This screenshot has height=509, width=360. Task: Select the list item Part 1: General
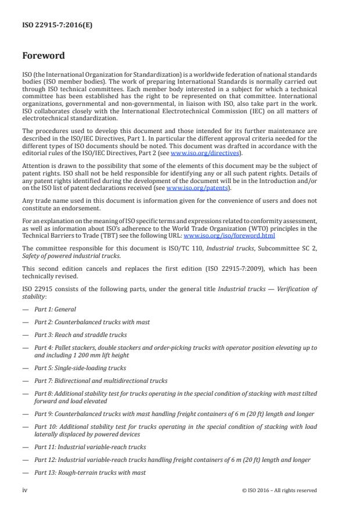click(55, 310)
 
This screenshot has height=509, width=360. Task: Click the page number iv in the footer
click(24, 490)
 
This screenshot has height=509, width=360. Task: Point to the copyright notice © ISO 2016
click(279, 490)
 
